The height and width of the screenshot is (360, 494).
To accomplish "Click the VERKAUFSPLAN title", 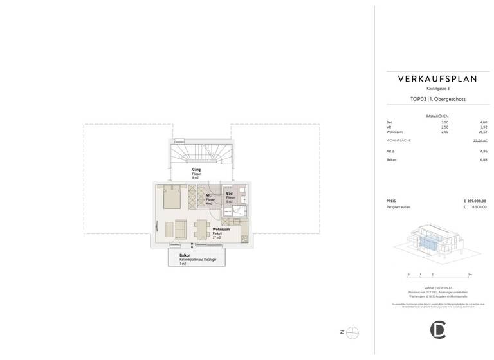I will pyautogui.click(x=437, y=79).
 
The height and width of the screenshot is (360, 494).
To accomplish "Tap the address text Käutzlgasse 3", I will pyautogui.click(x=437, y=88).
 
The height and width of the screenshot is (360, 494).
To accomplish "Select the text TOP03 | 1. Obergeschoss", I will pyautogui.click(x=437, y=100).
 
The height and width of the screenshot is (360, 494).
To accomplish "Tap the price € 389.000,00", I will pyautogui.click(x=475, y=201).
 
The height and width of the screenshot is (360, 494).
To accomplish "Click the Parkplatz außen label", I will pyautogui.click(x=398, y=207).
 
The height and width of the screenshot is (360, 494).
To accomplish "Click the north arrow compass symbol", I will pyautogui.click(x=352, y=332).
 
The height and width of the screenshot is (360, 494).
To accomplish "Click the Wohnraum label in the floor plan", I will pyautogui.click(x=221, y=230).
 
